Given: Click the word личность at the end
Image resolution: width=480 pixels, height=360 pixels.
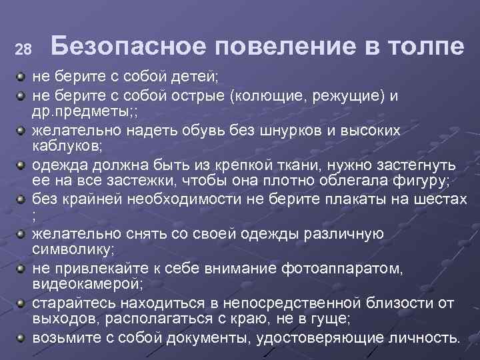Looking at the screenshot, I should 427,337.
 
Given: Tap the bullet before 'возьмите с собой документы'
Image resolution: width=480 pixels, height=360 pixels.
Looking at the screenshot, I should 21,337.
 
